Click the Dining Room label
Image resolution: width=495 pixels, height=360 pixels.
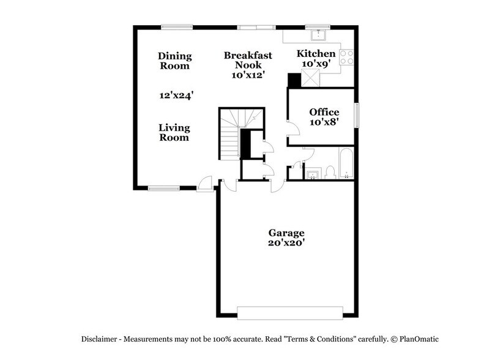[175, 61]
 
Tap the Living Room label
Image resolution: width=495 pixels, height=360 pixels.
[174, 132]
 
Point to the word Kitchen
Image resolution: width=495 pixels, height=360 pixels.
[316, 53]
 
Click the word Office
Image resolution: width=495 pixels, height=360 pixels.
[324, 111]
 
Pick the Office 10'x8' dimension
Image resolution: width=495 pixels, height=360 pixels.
[324, 122]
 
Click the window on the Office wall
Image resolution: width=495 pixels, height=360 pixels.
[357, 115]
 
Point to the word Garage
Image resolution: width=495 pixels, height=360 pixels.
[286, 233]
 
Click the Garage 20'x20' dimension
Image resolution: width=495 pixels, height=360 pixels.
[286, 244]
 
